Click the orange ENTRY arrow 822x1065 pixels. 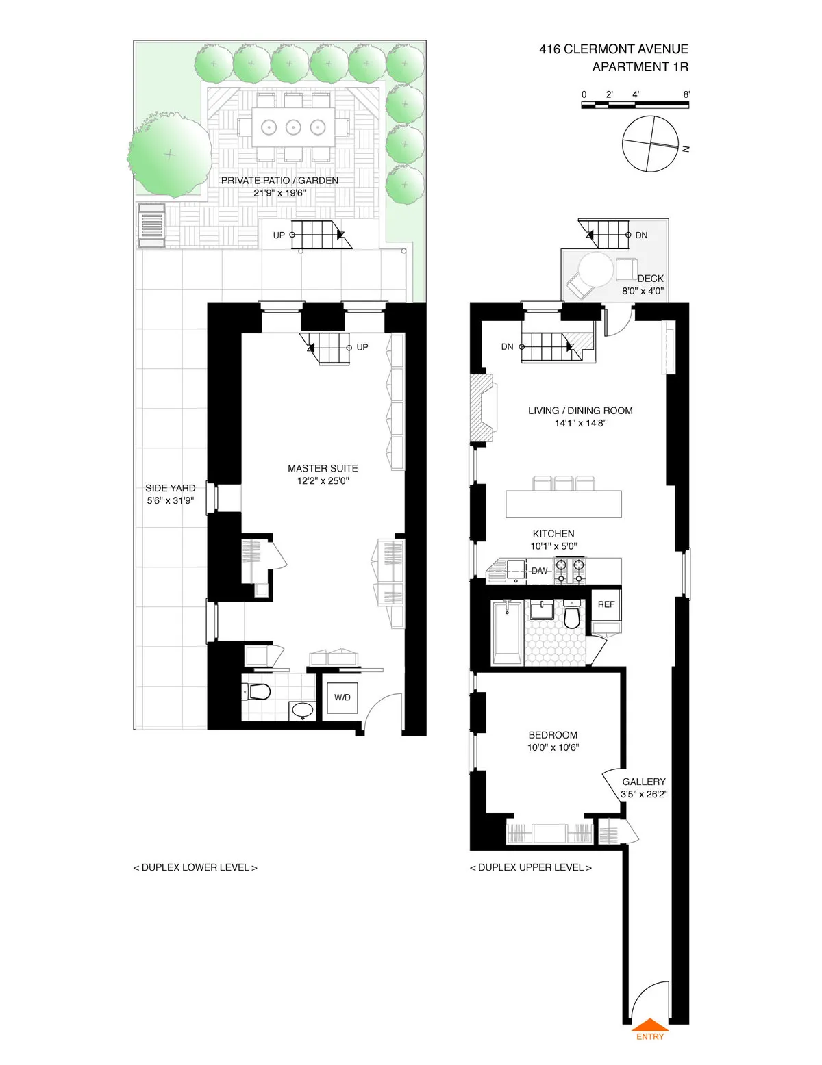point(649,1025)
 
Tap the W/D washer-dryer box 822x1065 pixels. point(342,697)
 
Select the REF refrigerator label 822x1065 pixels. point(606,604)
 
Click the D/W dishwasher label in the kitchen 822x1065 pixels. point(539,571)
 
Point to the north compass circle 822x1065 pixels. point(650,144)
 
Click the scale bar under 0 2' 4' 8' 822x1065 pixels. point(635,105)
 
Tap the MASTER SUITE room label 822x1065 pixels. point(323,468)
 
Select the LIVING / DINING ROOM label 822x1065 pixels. point(580,411)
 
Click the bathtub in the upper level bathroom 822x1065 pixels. point(507,632)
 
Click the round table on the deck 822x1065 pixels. point(595,270)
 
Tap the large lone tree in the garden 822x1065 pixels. point(169,155)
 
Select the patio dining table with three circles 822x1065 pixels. point(293,127)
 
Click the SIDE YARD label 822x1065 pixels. point(170,488)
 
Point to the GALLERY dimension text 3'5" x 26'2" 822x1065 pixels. point(644,795)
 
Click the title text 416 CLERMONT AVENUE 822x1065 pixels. point(613,49)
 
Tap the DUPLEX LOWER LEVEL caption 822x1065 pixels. point(195,867)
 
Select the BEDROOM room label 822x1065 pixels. point(553,735)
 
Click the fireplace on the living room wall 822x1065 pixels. point(482,408)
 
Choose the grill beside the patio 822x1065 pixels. point(151,224)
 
